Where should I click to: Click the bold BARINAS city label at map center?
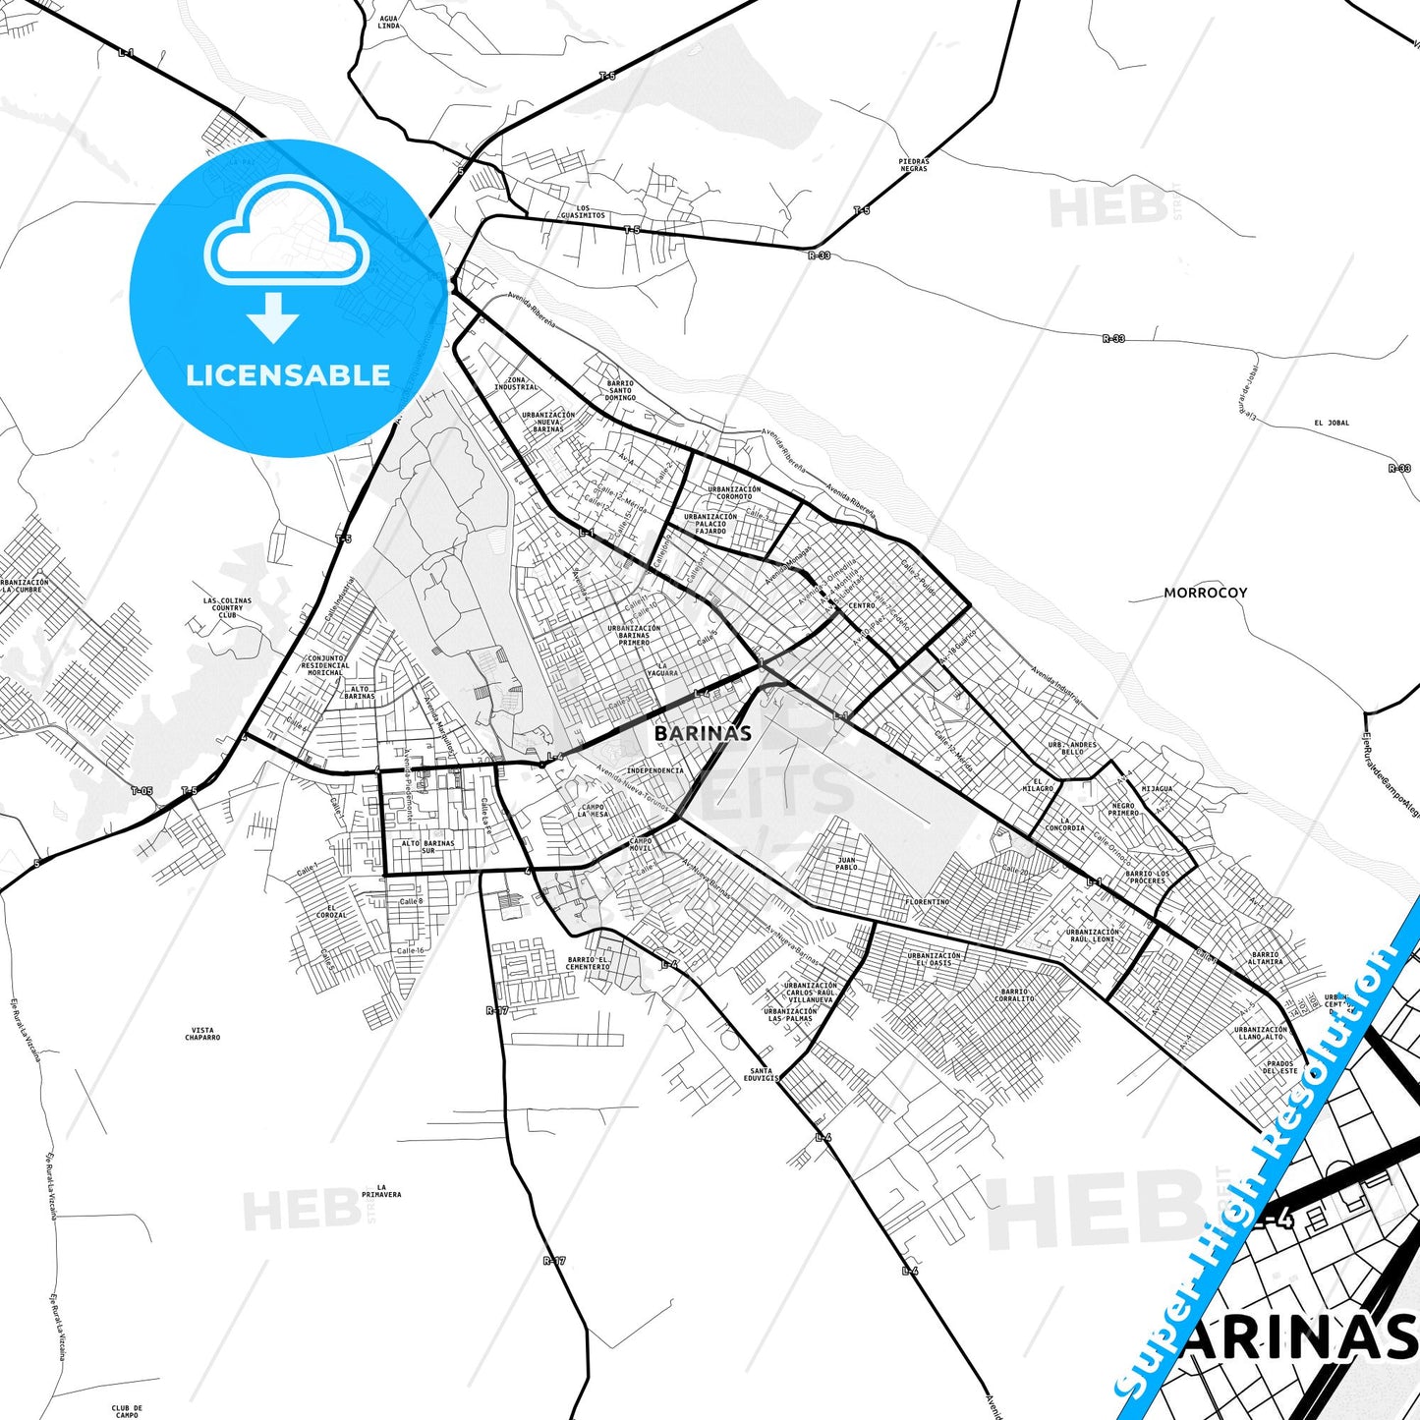pos(703,733)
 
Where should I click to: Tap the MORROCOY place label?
pos(1205,593)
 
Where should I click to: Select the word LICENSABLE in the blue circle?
pos(288,374)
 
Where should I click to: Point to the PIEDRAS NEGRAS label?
pos(913,165)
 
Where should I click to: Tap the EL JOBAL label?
pos(1332,423)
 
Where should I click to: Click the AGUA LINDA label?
pos(388,22)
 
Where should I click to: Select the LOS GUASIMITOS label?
pos(583,212)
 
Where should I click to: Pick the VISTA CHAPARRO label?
pos(202,1034)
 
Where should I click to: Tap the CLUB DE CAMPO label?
pos(127,1411)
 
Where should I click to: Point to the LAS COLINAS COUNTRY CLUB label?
pos(227,607)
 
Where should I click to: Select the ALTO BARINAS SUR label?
pos(427,846)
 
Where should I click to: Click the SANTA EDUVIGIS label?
pos(761,1074)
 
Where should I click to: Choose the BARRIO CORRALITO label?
pos(1014,994)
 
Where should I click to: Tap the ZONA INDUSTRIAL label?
pos(516,383)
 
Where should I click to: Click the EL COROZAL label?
pos(331,911)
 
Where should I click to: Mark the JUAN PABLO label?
pos(846,864)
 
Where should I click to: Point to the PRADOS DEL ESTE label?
pos(1280,1066)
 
